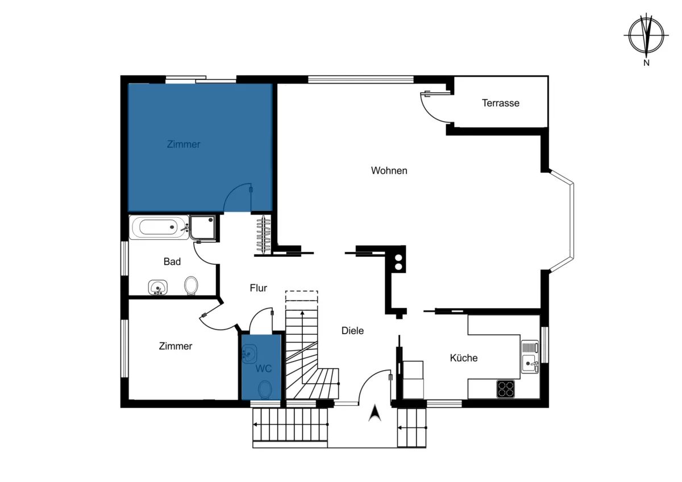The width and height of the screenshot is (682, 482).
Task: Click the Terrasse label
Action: [x=501, y=103]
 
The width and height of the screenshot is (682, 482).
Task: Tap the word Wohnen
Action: [x=389, y=171]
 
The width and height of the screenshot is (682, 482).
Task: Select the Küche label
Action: [x=464, y=358]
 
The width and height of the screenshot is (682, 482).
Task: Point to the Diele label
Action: [x=352, y=331]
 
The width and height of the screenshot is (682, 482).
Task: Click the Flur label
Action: [x=258, y=288]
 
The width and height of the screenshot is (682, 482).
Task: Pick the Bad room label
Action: [x=172, y=261]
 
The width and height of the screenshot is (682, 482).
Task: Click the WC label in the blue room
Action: [x=263, y=369]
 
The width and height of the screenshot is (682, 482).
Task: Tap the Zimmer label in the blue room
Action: [x=184, y=144]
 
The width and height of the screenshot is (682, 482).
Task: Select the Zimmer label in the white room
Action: [x=176, y=346]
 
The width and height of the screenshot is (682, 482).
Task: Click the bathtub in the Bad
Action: [x=159, y=227]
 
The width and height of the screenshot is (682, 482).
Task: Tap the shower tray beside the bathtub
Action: [x=203, y=227]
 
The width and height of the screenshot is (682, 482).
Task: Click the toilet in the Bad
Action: [x=191, y=285]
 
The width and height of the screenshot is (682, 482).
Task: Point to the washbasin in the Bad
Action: [x=158, y=287]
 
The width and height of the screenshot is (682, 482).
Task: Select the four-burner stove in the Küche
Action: [x=506, y=389]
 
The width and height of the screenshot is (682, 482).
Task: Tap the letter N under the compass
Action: [x=646, y=63]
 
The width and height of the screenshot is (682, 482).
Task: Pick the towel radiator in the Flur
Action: [x=263, y=235]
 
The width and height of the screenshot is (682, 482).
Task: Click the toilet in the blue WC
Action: [x=265, y=389]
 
